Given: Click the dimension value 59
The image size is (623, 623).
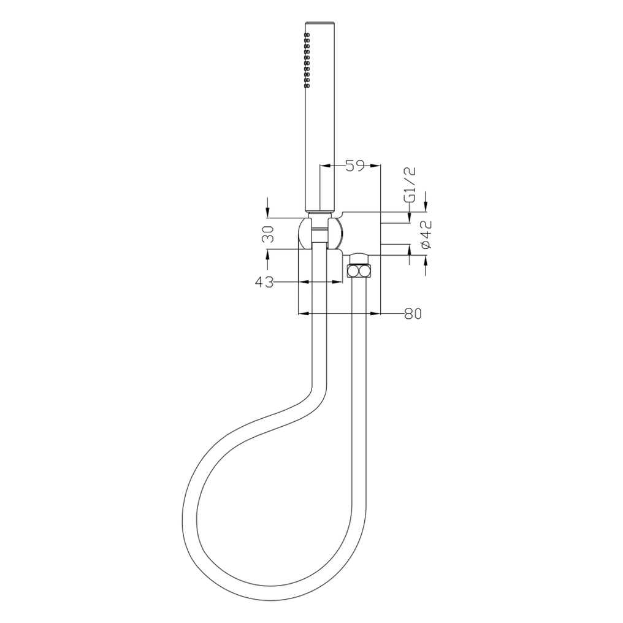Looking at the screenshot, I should [355, 165].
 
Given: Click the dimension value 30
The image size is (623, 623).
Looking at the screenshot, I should [267, 234].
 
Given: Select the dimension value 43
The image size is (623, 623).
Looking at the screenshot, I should [265, 281].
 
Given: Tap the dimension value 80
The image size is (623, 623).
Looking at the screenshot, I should [413, 313].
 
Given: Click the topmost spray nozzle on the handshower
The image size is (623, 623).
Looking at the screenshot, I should [307, 36].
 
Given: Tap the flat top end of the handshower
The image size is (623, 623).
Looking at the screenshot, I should [319, 24].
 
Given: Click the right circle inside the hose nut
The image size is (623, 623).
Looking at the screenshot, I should [364, 270].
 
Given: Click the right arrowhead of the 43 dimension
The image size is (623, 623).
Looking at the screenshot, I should [338, 281].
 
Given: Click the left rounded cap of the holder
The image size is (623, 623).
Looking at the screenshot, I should [304, 234].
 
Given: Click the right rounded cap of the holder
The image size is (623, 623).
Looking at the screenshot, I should [335, 234].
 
